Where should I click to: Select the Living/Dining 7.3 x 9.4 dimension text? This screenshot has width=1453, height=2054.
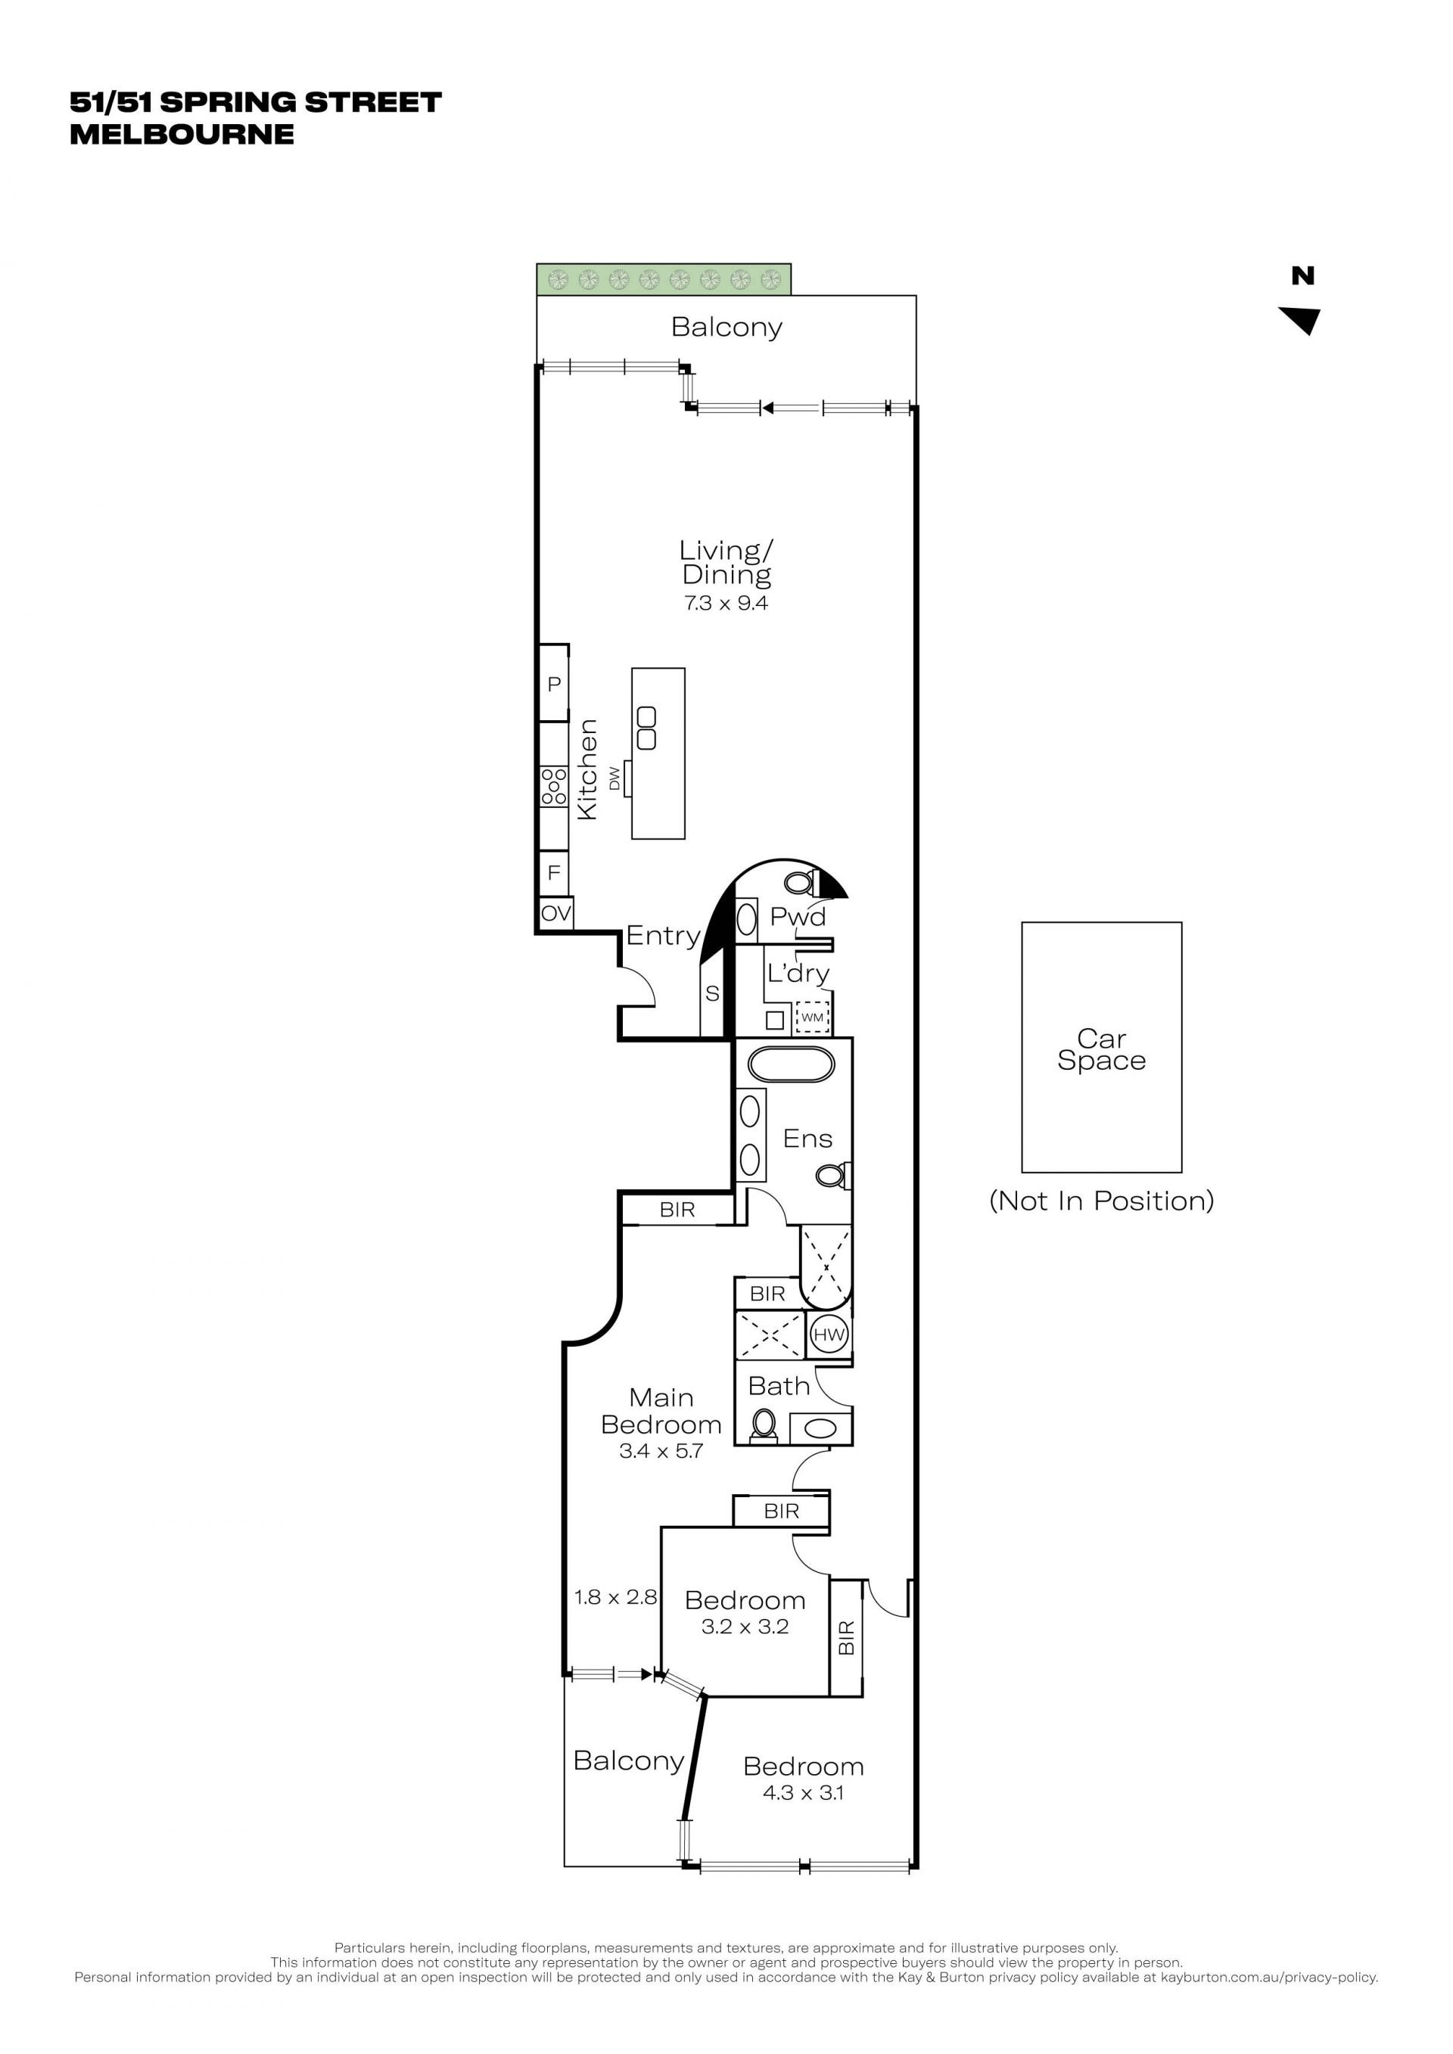[x=726, y=603]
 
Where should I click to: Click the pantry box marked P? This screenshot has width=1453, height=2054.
[x=554, y=682]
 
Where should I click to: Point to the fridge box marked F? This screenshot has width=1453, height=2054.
[x=554, y=872]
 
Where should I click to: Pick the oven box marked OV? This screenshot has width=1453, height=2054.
[x=555, y=913]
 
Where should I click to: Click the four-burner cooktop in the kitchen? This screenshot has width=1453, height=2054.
[x=554, y=785]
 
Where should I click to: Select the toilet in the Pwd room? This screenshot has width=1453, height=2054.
[x=800, y=883]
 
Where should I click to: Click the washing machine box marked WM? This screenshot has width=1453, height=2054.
[x=812, y=1017]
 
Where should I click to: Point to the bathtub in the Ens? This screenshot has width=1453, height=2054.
[x=791, y=1064]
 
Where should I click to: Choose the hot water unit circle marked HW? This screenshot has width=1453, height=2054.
[x=829, y=1335]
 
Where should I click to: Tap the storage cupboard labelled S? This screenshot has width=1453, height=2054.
[x=712, y=994]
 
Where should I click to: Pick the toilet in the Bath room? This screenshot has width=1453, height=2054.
[x=764, y=1423]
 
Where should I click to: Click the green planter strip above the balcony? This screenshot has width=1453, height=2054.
[x=664, y=279]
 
